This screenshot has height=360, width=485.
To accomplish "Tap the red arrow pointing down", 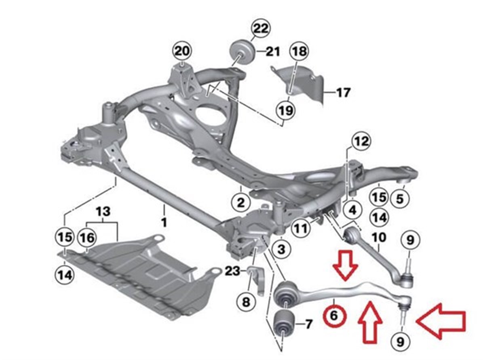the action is pos(345,265).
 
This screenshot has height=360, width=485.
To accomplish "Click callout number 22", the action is pos(261,28).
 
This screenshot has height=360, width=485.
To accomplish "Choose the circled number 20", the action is pos(182,52).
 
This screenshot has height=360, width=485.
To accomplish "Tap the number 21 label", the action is pos(273,52).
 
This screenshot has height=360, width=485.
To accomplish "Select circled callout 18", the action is pos(299,52).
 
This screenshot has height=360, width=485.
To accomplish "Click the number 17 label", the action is pos(343,93).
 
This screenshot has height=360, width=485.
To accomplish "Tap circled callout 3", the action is pos(281,249).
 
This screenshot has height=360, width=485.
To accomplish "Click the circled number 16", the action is pos(87,238).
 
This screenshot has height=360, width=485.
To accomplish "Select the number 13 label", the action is pos(103,212).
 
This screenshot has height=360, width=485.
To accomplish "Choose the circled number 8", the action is pos(246,303).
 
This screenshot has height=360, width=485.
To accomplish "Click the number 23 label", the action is pos(232,271).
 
